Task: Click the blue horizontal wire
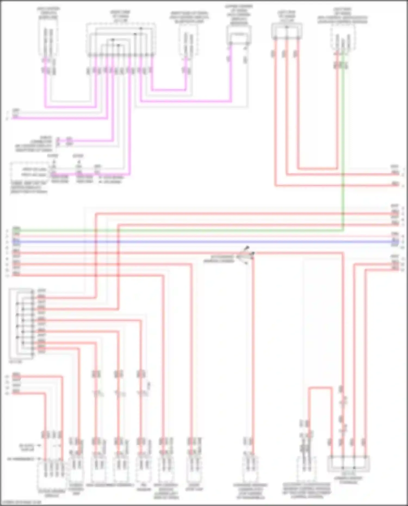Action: tap(204, 241)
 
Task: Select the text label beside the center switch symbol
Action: tap(219, 259)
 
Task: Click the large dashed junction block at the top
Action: tap(121, 39)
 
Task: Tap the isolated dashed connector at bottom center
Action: tap(250, 469)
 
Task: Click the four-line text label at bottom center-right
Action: tap(307, 491)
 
